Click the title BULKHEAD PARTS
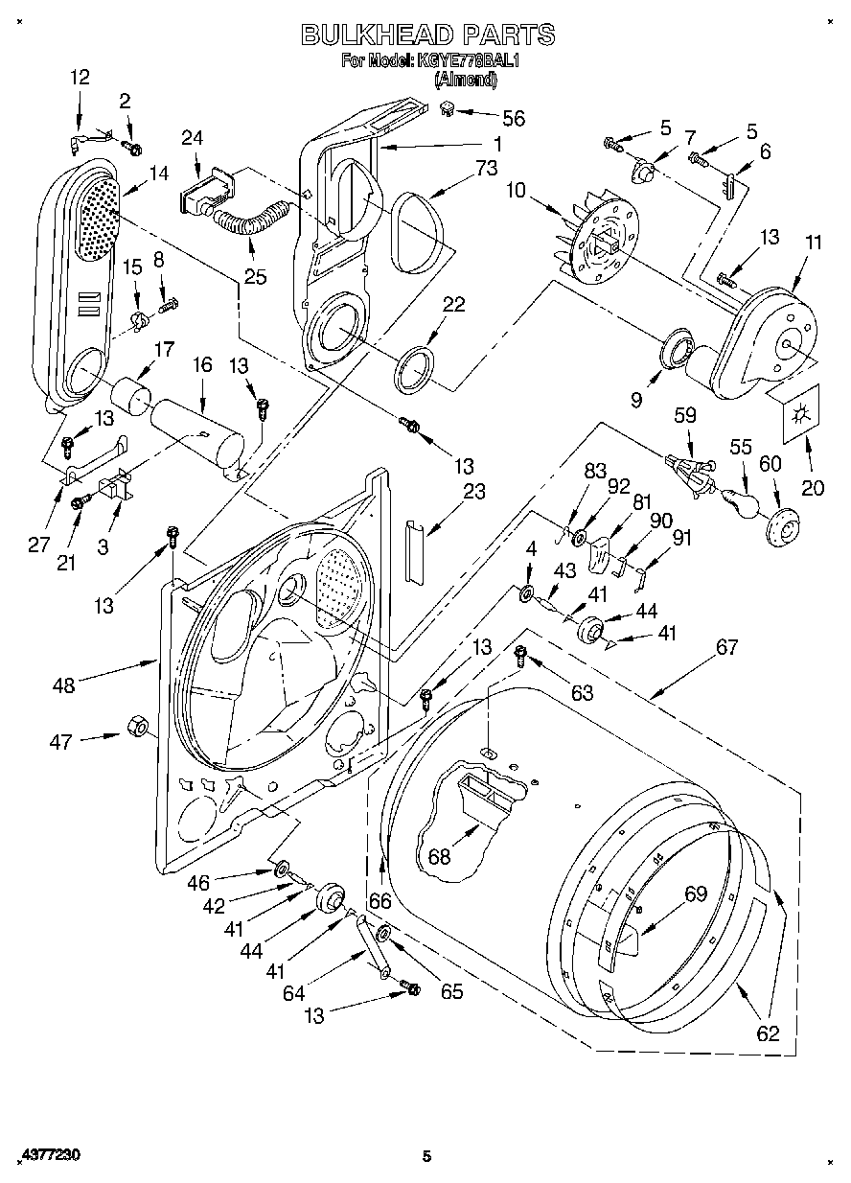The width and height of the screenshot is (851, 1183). pos(428,35)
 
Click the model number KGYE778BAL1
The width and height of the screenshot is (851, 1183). pos(469,60)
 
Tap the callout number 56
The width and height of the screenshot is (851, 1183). pos(513,118)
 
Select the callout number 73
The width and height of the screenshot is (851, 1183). pos(486,168)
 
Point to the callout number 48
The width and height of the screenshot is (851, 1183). pos(64,685)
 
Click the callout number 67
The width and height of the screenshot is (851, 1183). pos(727,647)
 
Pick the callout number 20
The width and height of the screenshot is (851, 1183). pos(813,487)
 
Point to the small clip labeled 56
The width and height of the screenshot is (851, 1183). pos(448,108)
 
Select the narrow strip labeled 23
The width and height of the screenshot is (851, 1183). pos(414,552)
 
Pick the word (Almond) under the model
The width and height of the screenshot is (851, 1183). pos(466,80)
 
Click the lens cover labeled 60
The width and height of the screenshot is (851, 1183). pos(781,527)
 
